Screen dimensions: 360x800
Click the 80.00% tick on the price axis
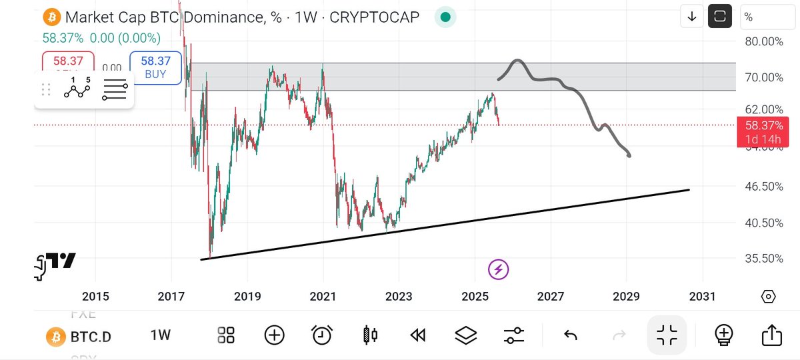(x=764, y=41)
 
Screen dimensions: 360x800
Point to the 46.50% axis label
(x=764, y=187)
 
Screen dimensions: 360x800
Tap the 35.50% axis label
(x=764, y=259)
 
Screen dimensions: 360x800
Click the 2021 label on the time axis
(x=323, y=296)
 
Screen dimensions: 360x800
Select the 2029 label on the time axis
(x=627, y=296)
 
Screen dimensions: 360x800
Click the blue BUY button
(x=155, y=67)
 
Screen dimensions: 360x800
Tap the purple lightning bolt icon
(x=499, y=269)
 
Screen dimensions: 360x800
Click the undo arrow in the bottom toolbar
(x=571, y=335)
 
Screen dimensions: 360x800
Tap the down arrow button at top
(x=691, y=17)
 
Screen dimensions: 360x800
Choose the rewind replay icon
(x=418, y=335)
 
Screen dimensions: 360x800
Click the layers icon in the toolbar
(x=465, y=335)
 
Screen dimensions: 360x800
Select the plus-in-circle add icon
(x=275, y=335)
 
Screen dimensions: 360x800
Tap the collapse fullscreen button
(x=667, y=335)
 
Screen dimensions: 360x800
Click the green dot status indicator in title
(x=445, y=17)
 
